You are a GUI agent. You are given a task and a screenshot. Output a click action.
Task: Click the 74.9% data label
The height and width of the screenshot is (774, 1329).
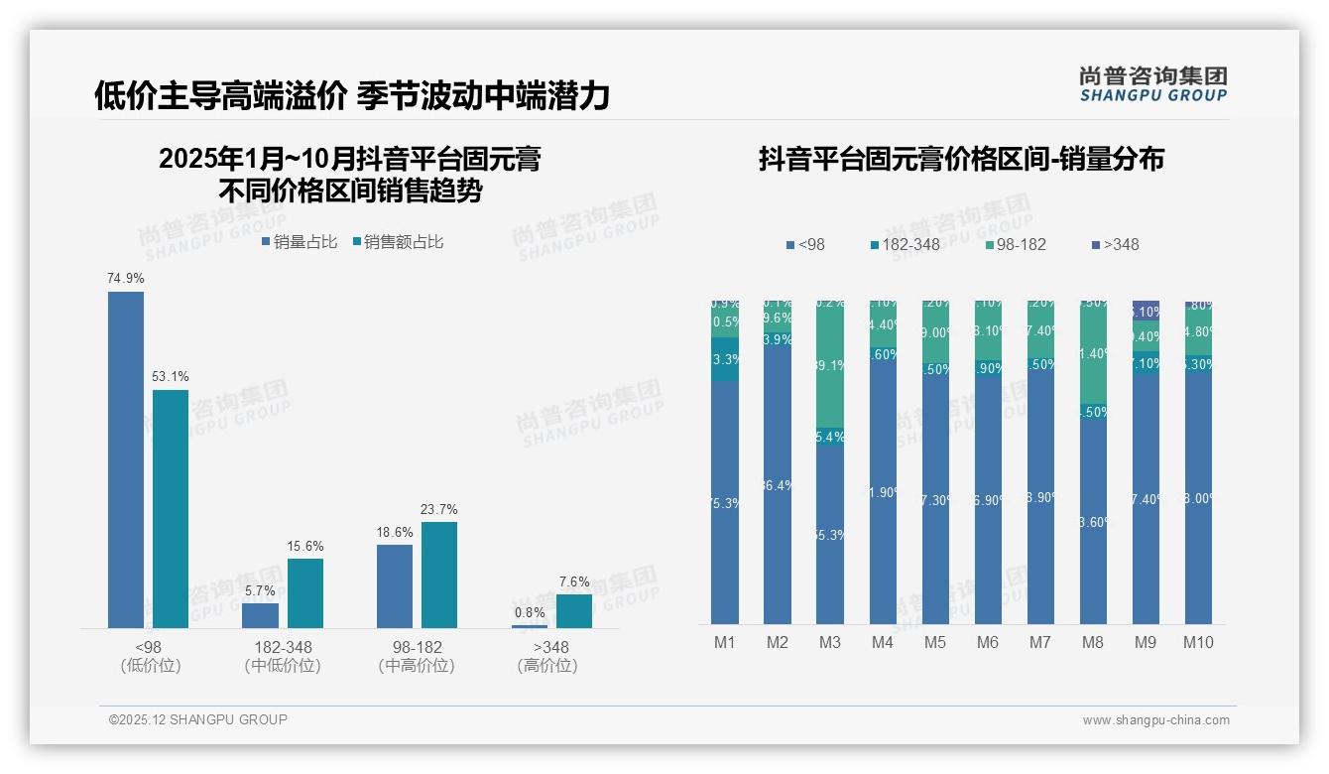click(126, 279)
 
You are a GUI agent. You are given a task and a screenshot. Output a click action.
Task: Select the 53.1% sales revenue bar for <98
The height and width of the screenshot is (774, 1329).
click(170, 508)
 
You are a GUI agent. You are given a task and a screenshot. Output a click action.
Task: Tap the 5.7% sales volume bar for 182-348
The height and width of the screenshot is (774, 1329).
click(260, 615)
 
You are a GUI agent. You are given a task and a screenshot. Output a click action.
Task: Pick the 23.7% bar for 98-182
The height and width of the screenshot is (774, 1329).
click(438, 575)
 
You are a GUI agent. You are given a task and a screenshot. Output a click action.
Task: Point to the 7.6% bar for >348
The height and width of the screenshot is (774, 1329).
click(573, 611)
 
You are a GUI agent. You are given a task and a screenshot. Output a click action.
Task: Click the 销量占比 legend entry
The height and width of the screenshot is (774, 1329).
click(300, 241)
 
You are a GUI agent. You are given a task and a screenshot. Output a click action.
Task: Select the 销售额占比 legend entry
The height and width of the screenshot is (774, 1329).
click(397, 241)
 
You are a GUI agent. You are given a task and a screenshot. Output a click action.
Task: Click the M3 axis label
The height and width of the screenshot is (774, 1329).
click(830, 642)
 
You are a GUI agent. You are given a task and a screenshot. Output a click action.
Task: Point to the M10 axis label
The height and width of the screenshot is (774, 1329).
click(1198, 642)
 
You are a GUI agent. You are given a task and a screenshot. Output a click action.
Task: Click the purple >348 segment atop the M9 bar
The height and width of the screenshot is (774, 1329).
click(1146, 310)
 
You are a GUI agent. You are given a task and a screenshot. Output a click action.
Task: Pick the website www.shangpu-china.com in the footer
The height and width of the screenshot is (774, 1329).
click(1155, 720)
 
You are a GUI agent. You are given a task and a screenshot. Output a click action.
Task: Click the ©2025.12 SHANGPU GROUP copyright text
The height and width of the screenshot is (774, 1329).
click(198, 719)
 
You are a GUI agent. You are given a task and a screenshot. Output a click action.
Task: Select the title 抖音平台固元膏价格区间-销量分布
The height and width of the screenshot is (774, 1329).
click(961, 159)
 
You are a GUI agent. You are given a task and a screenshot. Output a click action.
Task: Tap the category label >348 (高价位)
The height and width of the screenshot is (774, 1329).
click(546, 656)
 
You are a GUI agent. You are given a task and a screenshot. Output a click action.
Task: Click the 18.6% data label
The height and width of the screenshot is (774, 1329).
click(395, 533)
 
